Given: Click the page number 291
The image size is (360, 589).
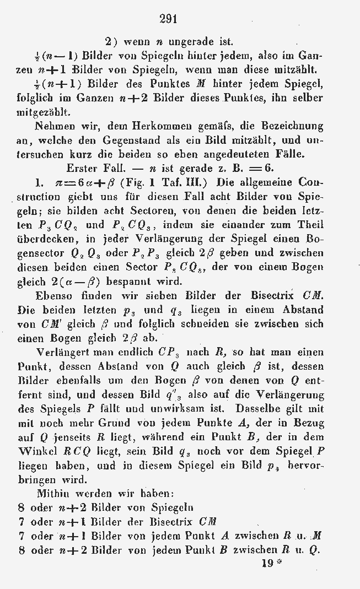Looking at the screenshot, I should pyautogui.click(x=168, y=19).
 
